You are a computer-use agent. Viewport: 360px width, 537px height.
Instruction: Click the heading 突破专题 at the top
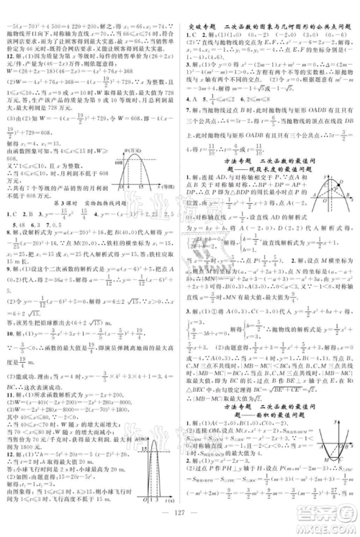pyautogui.click(x=201, y=8)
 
